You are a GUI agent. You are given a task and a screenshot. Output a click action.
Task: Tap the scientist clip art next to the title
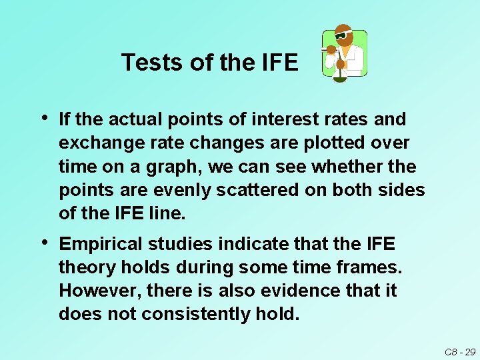[344, 55]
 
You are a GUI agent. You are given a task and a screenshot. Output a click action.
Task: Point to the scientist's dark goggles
[343, 35]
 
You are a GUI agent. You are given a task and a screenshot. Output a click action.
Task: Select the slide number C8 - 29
[460, 351]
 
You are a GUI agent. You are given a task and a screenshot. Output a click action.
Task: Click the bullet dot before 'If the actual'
[45, 118]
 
